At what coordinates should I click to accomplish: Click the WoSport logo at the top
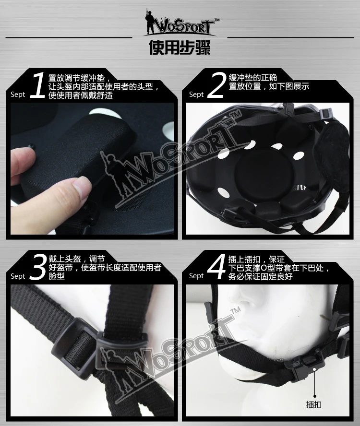tap(181, 23)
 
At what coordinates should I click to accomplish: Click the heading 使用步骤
tap(180, 48)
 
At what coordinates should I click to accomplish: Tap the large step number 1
tap(37, 85)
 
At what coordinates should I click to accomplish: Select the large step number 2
tap(216, 85)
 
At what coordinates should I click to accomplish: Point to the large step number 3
tap(38, 267)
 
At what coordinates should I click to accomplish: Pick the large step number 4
tap(216, 267)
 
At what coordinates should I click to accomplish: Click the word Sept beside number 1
tap(18, 95)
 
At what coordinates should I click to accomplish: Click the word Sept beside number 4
tap(196, 276)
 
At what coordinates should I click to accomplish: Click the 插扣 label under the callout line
tap(314, 404)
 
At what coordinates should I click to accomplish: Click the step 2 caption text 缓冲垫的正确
tap(252, 78)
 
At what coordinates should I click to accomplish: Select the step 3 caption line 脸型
tap(57, 277)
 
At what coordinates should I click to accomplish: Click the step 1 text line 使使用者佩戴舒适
tap(81, 95)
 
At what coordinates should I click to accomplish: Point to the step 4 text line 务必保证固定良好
tap(261, 277)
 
